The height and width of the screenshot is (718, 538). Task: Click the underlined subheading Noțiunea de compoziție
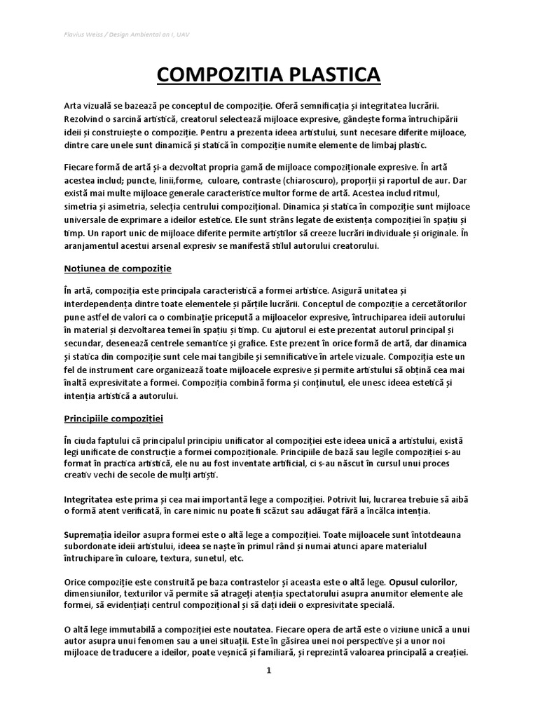pyautogui.click(x=117, y=269)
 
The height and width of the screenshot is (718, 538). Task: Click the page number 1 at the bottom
pyautogui.click(x=268, y=670)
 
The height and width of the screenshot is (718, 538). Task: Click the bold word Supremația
pyautogui.click(x=91, y=534)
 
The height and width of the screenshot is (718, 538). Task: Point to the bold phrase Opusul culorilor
pyautogui.click(x=418, y=583)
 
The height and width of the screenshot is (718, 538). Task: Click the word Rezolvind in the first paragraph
pyautogui.click(x=83, y=118)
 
